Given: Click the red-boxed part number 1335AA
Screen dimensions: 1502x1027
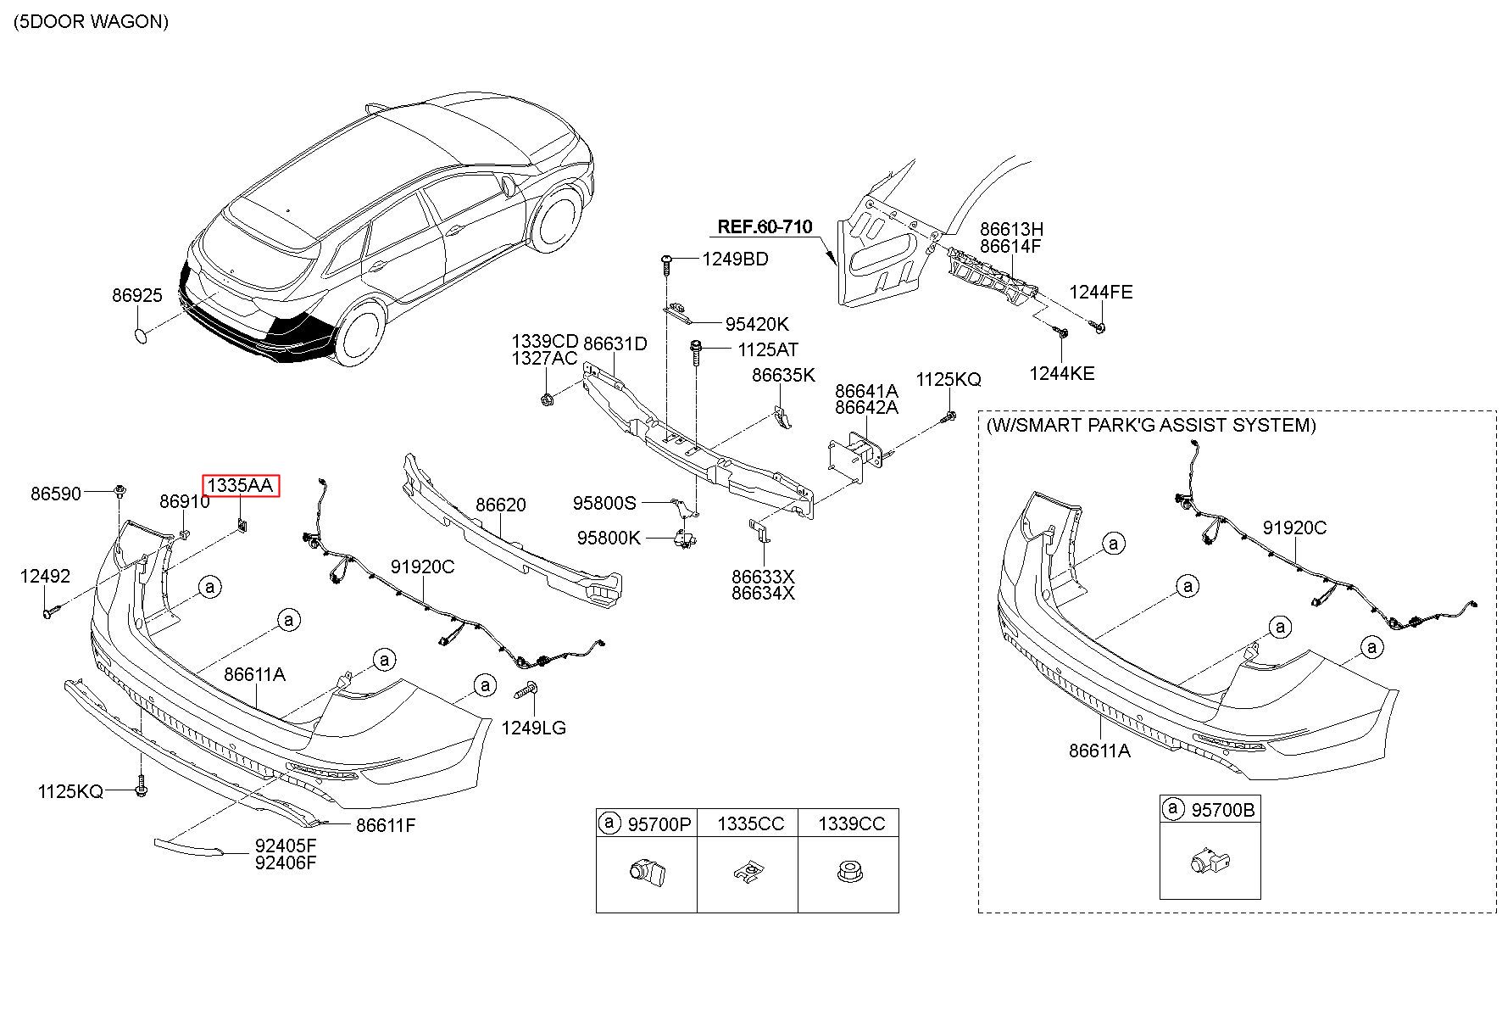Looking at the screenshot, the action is click(x=240, y=486).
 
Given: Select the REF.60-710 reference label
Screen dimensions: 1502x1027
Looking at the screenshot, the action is click(x=765, y=227).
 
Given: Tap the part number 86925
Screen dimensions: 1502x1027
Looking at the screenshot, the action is click(x=136, y=296).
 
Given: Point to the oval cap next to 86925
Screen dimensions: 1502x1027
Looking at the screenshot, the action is click(x=141, y=336).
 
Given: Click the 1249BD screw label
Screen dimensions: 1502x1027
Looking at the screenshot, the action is click(x=735, y=260).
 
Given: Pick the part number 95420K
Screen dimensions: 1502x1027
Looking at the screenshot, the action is click(x=756, y=324).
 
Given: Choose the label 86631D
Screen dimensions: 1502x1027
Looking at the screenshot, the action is click(x=615, y=343).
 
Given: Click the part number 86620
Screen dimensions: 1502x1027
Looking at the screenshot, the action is click(x=500, y=505).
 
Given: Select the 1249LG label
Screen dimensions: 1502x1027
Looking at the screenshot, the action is click(x=533, y=728).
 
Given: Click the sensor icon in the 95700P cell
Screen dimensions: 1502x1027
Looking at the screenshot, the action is click(x=646, y=871).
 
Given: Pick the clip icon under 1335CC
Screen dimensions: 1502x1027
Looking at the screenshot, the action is click(x=745, y=872).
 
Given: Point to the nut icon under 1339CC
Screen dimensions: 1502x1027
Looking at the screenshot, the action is click(x=848, y=871).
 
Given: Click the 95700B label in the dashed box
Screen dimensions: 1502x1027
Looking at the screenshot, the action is click(x=1222, y=810).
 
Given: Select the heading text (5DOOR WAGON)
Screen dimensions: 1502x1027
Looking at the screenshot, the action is click(x=91, y=22).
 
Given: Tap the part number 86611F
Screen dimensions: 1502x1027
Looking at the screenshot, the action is click(x=386, y=825).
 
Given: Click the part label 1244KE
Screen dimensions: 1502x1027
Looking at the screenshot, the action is click(x=1062, y=373).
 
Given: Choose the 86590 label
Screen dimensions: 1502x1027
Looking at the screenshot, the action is click(x=56, y=494).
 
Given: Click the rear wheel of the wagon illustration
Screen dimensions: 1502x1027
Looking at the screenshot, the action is click(x=359, y=331).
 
